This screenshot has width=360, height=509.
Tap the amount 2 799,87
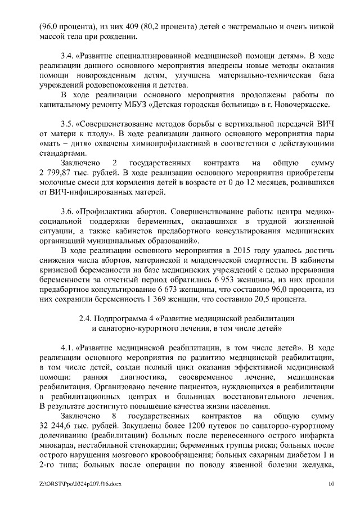59,173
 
